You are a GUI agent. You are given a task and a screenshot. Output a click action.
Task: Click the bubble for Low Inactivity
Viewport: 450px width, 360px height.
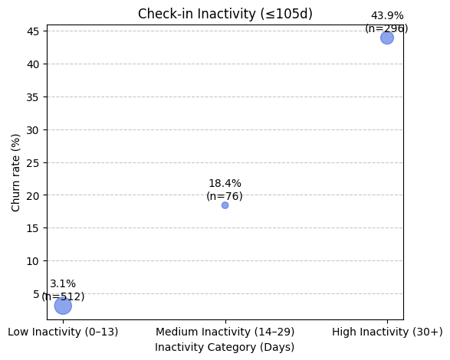tap(63, 306)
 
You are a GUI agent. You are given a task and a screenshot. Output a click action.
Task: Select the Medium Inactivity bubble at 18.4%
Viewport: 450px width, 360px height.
tap(225, 205)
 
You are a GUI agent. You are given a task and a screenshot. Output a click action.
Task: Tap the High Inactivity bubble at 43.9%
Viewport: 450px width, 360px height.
tap(387, 38)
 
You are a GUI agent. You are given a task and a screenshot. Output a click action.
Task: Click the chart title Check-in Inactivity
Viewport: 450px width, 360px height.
tap(225, 14)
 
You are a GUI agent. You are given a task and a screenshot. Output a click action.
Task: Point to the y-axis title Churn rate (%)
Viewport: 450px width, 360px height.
tap(16, 172)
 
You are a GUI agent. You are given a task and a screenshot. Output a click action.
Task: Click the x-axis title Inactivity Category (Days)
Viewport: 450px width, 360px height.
tap(225, 347)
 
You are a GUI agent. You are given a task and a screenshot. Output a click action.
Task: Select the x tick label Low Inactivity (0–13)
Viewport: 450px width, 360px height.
tap(63, 332)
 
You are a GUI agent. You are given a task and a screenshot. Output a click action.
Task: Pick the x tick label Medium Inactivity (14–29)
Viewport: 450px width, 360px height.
tap(225, 332)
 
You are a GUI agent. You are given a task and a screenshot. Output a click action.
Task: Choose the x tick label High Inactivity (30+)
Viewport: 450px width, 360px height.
tap(387, 332)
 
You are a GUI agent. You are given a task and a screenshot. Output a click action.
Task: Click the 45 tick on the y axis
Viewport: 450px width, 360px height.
tap(34, 31)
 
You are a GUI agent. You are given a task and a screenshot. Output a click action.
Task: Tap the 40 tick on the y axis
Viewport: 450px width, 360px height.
tap(34, 64)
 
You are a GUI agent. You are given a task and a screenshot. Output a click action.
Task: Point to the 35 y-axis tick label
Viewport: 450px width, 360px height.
tap(34, 97)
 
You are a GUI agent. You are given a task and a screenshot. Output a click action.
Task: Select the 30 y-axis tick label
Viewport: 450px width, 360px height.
tap(34, 130)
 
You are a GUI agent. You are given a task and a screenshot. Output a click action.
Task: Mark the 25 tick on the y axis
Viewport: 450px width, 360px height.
tap(34, 162)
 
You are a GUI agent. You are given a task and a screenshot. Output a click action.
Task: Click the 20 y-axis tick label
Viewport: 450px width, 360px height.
tap(34, 195)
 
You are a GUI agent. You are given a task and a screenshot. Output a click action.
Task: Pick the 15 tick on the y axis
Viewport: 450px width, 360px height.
tap(34, 228)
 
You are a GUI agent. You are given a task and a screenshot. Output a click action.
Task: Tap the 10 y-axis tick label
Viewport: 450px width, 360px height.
tap(34, 261)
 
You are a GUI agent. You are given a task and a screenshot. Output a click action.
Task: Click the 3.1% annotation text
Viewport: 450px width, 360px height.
tap(63, 284)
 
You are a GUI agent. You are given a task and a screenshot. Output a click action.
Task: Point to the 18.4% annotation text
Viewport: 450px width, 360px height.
tap(225, 184)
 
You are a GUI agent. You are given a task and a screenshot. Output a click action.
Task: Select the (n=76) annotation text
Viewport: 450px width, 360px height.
tap(225, 196)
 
